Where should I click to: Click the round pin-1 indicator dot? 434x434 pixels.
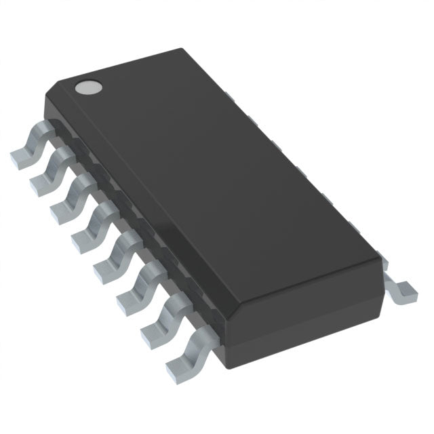coord(88,86)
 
